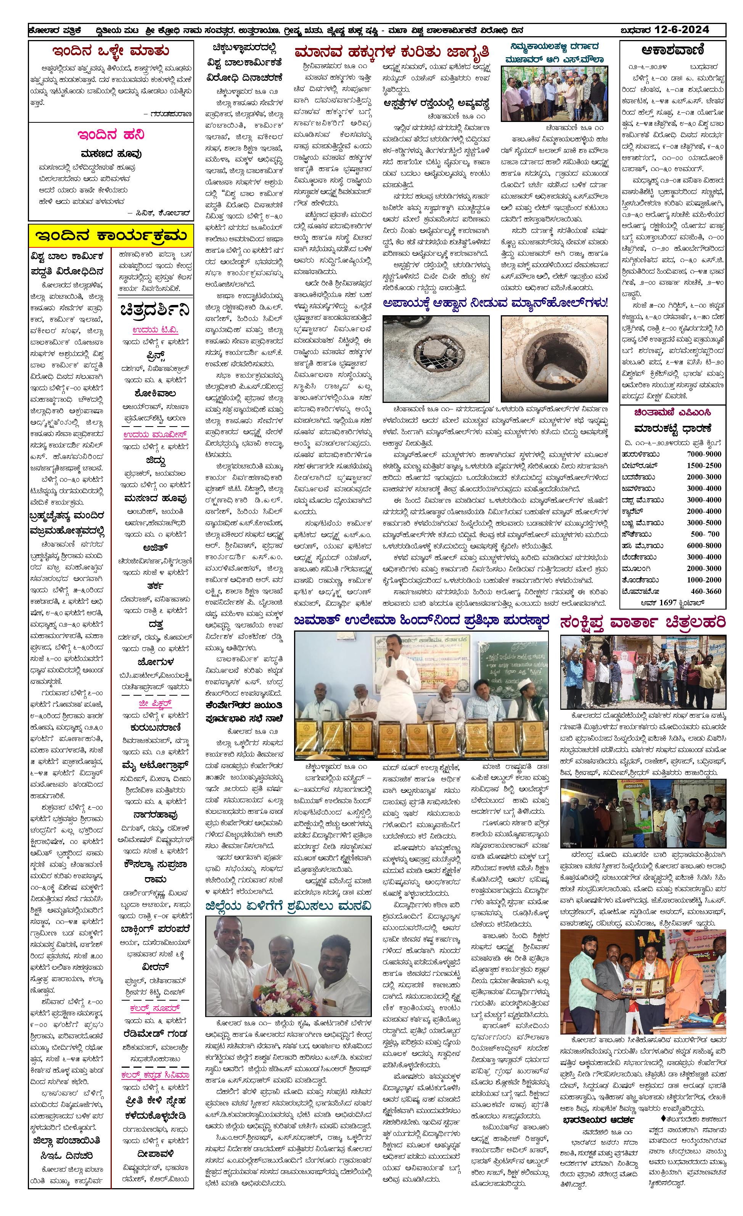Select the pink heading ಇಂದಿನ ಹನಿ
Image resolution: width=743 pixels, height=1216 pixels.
tap(111, 135)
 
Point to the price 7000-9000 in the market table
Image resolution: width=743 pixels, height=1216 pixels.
tap(703, 454)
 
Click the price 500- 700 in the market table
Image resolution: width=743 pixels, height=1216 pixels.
tap(705, 534)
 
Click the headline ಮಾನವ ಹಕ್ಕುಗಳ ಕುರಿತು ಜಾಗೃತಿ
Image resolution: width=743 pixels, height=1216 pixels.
tap(391, 52)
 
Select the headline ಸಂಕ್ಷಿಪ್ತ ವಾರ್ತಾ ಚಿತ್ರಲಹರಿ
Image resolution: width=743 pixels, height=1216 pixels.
tap(642, 622)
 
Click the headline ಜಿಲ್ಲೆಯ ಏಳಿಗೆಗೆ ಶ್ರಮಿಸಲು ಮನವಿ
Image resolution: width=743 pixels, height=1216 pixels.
tap(288, 906)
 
